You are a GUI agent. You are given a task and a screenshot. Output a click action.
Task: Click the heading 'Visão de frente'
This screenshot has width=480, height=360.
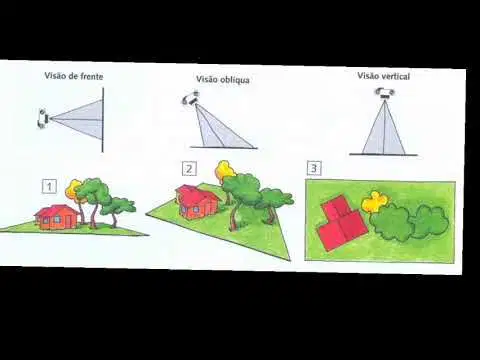point(74,76)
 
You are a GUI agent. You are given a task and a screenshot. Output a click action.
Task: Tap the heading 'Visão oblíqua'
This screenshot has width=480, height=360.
point(223,80)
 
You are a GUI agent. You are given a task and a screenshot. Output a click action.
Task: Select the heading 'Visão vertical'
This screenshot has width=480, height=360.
point(384,76)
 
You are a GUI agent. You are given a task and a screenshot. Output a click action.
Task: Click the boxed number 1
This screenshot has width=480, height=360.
point(49,186)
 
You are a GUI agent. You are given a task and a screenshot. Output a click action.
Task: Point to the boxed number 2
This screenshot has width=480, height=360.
point(189,169)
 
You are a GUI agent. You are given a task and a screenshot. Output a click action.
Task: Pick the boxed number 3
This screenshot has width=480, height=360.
point(314,168)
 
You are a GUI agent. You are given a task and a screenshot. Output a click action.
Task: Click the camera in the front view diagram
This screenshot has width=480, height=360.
point(43,118)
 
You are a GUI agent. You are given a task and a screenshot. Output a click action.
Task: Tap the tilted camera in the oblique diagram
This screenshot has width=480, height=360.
point(191,98)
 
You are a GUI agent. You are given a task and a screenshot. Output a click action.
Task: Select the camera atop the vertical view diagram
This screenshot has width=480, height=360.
point(385,93)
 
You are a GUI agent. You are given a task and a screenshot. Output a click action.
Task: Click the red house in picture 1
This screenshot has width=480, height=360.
point(57,217)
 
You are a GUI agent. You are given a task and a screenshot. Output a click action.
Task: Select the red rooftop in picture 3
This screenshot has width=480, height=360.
point(340,225)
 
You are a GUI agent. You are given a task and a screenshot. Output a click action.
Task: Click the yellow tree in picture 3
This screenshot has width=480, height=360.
point(375,201)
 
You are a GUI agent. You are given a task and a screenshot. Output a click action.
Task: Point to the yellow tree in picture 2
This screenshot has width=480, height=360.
point(224,170)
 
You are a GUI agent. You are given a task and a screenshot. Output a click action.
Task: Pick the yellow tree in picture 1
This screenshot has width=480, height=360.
point(76,188)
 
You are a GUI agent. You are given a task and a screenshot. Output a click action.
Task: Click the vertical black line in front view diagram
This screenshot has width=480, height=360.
point(103,120)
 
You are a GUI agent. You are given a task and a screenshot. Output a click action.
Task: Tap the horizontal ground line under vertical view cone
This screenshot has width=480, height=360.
point(383,155)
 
